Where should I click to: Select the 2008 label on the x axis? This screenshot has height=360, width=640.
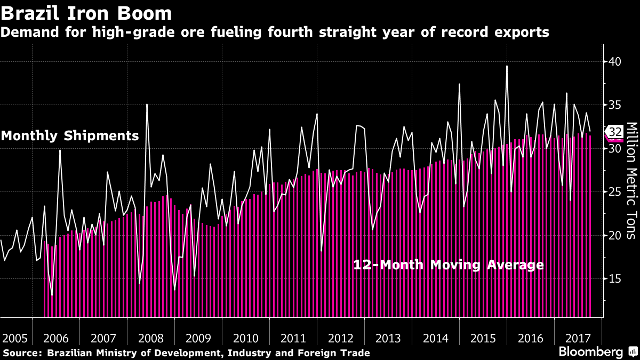tap(150, 338)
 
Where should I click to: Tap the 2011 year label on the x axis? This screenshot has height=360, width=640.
tap(293, 338)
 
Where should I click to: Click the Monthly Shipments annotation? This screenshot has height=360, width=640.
tap(70, 135)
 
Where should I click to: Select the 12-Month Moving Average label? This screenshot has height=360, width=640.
tap(449, 265)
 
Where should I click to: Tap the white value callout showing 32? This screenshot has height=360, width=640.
tap(614, 132)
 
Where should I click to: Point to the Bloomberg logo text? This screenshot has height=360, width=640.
tap(590, 352)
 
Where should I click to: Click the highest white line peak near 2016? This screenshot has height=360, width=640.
tap(507, 66)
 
